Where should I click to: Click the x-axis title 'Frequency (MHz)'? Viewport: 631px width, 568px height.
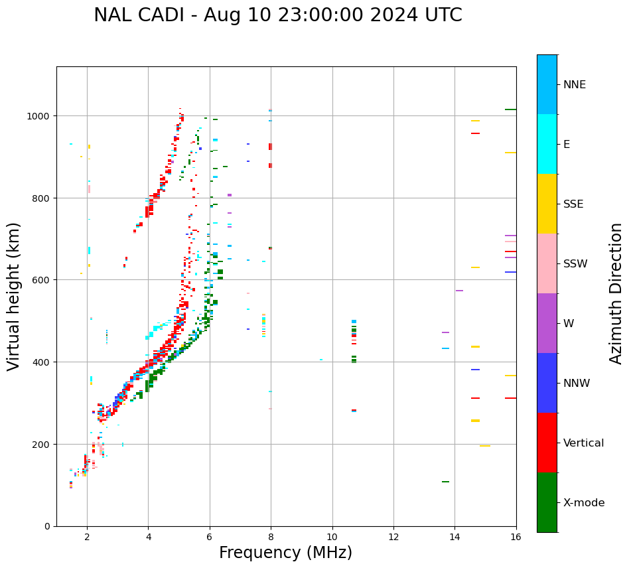pyautogui.click(x=285, y=553)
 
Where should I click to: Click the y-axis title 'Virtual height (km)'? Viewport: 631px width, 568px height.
pyautogui.click(x=14, y=296)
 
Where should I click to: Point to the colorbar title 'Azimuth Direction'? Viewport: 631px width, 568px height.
pyautogui.click(x=616, y=293)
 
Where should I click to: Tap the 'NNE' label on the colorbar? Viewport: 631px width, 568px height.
pyautogui.click(x=575, y=85)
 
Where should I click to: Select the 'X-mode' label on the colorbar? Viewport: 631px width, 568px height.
pyautogui.click(x=584, y=503)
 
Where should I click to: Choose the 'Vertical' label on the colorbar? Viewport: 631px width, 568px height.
pyautogui.click(x=584, y=443)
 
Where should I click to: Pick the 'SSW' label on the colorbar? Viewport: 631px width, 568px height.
pyautogui.click(x=575, y=264)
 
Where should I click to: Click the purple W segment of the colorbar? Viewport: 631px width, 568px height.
pyautogui.click(x=547, y=323)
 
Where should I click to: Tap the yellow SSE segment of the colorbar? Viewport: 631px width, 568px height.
pyautogui.click(x=547, y=204)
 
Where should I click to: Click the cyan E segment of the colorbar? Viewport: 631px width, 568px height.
pyautogui.click(x=547, y=144)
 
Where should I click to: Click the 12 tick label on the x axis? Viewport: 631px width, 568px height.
pyautogui.click(x=393, y=536)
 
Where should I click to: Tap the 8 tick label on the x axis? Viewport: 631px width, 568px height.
pyautogui.click(x=271, y=536)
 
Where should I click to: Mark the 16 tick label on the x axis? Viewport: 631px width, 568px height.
pyautogui.click(x=516, y=536)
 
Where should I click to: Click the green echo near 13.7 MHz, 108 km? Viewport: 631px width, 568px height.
pyautogui.click(x=445, y=482)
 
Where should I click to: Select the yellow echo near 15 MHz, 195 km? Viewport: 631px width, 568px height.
pyautogui.click(x=485, y=446)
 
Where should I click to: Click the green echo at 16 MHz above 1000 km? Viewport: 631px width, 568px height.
pyautogui.click(x=510, y=109)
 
